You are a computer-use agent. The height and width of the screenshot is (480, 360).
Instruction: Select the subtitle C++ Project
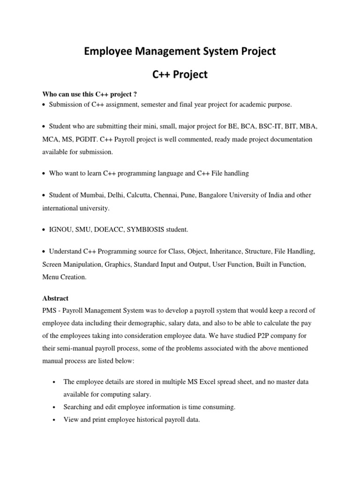[x=180, y=75]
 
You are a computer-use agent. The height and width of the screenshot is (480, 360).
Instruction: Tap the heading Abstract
[x=55, y=298]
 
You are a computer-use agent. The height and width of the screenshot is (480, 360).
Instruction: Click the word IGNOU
[x=60, y=230]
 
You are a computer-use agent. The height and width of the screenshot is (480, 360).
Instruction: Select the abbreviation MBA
[x=306, y=127]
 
